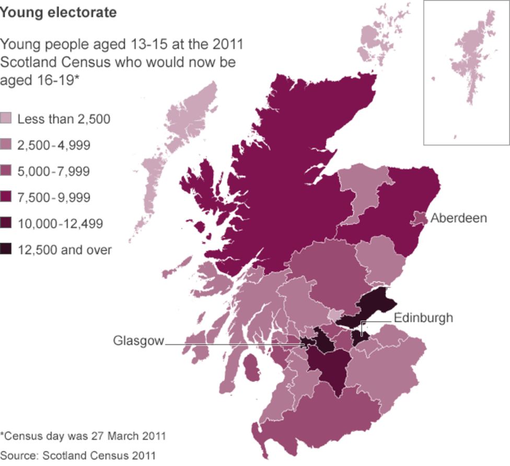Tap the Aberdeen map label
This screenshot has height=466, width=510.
458,218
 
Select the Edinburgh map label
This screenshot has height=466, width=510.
423,317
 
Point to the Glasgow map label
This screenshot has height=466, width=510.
138,341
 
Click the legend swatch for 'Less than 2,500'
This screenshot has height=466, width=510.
6,119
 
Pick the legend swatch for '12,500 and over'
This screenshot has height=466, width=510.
6,250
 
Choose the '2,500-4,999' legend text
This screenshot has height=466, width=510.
54,145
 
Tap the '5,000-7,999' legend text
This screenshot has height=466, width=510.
54,171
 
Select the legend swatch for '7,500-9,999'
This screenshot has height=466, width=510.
6,197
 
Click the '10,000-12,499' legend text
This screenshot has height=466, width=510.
60,224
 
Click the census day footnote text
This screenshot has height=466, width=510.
83,435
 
